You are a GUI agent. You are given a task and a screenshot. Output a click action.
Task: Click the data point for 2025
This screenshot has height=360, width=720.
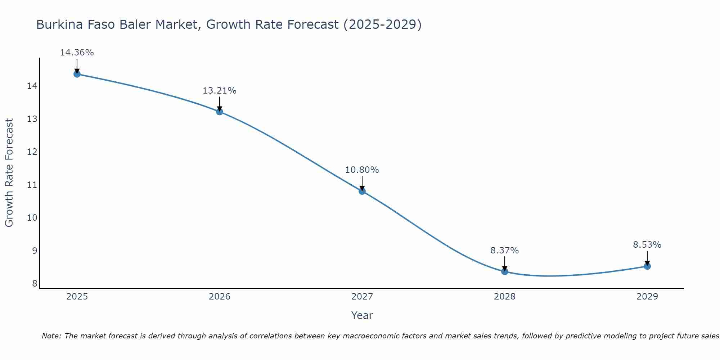[x=77, y=74]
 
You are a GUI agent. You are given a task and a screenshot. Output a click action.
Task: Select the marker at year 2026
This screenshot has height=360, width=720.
[x=219, y=112]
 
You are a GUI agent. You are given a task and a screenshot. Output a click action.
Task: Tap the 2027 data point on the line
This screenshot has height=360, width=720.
[x=362, y=191]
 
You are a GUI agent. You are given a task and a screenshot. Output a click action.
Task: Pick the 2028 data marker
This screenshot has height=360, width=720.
[x=505, y=271]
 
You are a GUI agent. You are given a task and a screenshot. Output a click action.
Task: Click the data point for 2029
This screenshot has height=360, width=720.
[x=647, y=266]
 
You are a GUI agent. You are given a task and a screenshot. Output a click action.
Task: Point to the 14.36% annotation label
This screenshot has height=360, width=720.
[x=77, y=53]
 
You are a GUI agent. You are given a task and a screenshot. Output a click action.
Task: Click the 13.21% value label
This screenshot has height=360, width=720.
[x=219, y=91]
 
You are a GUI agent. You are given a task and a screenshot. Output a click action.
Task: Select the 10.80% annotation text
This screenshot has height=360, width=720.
[x=362, y=170]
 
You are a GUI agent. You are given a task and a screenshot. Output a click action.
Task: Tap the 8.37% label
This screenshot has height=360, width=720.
[x=505, y=251]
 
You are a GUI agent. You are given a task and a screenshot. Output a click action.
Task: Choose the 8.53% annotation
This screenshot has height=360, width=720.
[x=647, y=245]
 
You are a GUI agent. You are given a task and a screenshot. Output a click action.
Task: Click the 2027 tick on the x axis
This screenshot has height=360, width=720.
[x=362, y=297]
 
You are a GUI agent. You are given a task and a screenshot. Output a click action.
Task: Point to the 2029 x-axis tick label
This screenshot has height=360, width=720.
[x=647, y=297]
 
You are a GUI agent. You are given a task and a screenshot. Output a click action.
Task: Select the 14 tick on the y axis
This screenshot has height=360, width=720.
[x=32, y=86]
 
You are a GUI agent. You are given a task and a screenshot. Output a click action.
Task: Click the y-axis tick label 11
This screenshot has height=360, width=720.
[x=32, y=185]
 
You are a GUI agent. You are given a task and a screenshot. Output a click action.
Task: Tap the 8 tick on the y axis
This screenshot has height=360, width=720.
[x=35, y=284]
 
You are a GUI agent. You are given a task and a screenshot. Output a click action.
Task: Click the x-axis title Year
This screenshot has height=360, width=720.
[x=362, y=315]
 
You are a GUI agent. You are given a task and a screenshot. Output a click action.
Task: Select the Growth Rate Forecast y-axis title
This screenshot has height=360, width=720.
[x=9, y=173]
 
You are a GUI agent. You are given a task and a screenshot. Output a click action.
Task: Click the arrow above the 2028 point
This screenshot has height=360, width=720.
[x=505, y=263]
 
